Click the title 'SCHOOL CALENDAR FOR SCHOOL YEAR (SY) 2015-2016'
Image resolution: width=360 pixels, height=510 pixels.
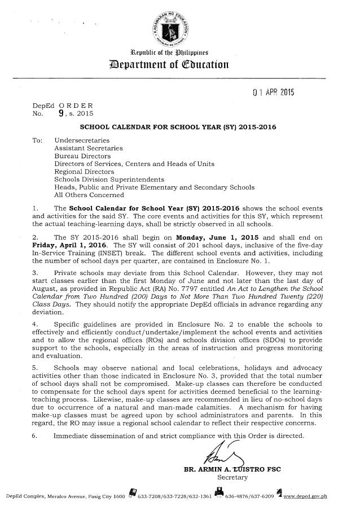(177, 128)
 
